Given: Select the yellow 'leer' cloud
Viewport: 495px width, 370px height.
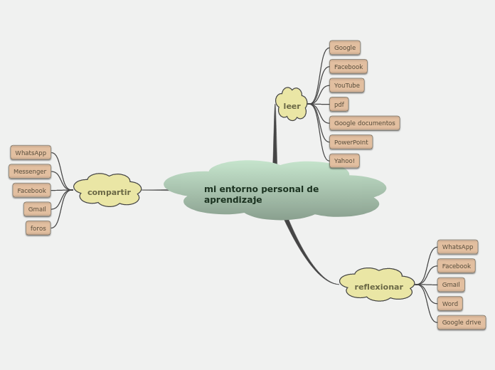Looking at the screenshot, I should [292, 105].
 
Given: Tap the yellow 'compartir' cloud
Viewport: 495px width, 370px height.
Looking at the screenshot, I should [108, 191].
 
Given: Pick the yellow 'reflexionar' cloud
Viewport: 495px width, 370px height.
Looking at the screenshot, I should [378, 286].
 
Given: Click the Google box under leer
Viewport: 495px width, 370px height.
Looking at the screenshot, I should [345, 48].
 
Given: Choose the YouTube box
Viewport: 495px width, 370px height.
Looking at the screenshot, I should [347, 85].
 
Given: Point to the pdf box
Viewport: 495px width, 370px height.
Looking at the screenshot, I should [339, 105].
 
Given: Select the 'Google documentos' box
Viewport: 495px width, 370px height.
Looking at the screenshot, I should [364, 123].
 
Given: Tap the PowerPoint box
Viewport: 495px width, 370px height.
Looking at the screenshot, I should [351, 142].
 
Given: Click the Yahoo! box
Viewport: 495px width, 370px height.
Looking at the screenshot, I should [344, 161].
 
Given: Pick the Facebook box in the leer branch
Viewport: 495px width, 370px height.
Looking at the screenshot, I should [348, 67].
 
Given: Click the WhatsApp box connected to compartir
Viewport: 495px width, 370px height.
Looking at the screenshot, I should [31, 153].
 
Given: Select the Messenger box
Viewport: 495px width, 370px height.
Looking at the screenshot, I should [30, 171].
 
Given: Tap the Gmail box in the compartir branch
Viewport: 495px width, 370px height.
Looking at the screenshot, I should [37, 209].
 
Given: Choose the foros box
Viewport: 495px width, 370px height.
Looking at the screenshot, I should [38, 228].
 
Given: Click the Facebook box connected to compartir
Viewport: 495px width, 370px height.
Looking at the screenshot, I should [31, 191].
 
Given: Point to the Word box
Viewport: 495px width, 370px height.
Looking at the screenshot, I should [450, 304].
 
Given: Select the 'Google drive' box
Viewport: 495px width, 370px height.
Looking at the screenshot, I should [462, 322].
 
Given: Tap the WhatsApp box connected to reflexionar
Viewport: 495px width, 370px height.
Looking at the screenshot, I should [457, 247].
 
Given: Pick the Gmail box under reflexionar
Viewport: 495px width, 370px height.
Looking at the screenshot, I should [451, 285].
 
